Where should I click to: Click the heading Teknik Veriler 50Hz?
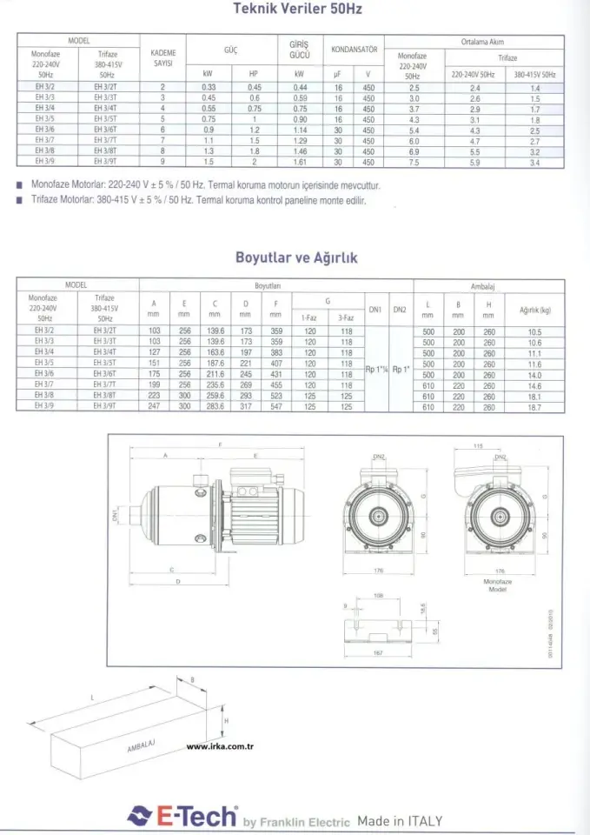(x=297, y=10)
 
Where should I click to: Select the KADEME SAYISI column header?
(x=162, y=57)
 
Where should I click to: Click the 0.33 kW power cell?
(x=209, y=88)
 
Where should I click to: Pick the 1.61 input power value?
(x=301, y=162)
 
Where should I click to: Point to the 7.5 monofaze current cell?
(x=414, y=162)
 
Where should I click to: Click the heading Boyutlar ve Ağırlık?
(x=295, y=258)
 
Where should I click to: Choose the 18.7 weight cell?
(x=534, y=406)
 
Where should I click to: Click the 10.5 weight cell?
(x=534, y=332)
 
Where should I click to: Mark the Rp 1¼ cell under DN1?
(x=375, y=369)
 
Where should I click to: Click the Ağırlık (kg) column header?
(x=534, y=310)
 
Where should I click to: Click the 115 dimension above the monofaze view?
(x=501, y=445)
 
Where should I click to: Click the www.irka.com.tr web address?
(x=220, y=745)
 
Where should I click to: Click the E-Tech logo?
(x=182, y=817)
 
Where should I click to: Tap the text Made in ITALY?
(x=399, y=820)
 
